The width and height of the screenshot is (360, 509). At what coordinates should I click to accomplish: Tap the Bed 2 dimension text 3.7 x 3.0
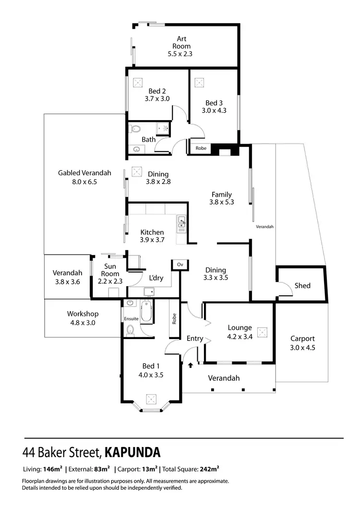157,99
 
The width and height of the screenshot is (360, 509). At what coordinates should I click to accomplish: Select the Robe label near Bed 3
201,148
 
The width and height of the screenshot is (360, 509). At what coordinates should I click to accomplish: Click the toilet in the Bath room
135,129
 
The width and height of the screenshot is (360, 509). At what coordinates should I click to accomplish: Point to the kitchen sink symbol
182,222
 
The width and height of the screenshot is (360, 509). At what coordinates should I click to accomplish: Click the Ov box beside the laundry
180,265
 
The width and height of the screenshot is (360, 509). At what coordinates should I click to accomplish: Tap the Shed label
302,286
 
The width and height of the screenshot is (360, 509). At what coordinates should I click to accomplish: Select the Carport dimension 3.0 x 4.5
302,348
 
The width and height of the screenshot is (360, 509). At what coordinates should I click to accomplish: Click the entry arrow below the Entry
191,366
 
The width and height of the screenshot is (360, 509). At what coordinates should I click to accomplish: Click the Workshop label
83,314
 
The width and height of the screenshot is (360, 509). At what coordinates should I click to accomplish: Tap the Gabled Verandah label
84,173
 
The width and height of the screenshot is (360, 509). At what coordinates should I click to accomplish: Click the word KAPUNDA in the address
132,452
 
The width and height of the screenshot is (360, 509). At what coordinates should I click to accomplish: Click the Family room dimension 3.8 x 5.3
222,202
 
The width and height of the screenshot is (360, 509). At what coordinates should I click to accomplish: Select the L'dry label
156,279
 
